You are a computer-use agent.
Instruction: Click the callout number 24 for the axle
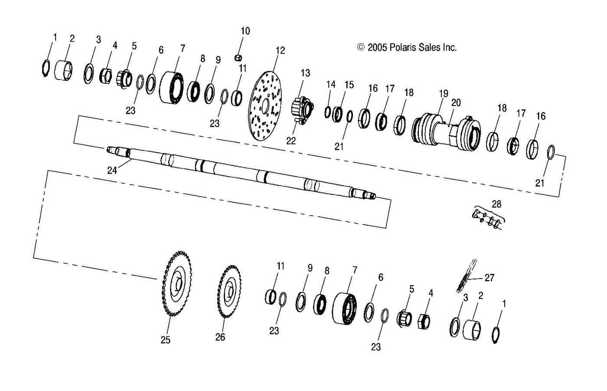tap(112, 170)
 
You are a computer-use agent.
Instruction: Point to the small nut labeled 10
tap(238, 58)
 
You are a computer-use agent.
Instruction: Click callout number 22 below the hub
tap(291, 141)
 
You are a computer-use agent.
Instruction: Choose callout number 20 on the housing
tap(456, 103)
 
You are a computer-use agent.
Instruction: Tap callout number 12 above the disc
tap(280, 51)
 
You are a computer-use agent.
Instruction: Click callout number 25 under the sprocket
tap(166, 340)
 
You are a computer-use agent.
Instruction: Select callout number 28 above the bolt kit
tap(496, 204)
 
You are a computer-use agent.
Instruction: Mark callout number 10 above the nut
tap(245, 31)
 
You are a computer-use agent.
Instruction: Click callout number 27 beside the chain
tap(489, 278)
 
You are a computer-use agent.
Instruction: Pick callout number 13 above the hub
tap(305, 73)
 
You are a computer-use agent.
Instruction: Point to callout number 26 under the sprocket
tap(220, 337)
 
